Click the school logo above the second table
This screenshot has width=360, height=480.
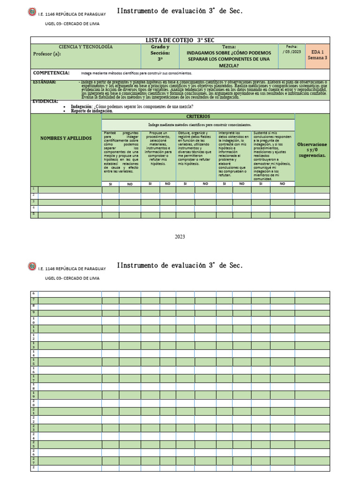pos(32,267)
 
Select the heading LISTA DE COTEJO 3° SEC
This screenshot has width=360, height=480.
pos(180,40)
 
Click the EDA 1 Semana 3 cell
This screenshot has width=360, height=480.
pos(317,55)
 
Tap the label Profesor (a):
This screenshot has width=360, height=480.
pos(47,54)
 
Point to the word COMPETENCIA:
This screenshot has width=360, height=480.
pos(51,73)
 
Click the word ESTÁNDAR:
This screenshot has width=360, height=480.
pos(45,82)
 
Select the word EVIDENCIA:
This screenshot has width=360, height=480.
pos(45,101)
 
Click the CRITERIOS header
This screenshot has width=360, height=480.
pos(198,116)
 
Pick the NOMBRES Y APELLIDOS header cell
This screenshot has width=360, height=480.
pos(66,138)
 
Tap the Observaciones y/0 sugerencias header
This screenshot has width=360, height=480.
pos(312,150)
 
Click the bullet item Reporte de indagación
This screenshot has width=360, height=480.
pos(92,111)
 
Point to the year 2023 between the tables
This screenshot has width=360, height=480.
pos(180,237)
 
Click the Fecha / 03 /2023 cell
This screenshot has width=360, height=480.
pos(292,50)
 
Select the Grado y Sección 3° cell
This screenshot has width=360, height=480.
pos(160,54)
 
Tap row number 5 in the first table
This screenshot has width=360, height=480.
pos(34,214)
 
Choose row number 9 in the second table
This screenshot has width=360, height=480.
pos(34,312)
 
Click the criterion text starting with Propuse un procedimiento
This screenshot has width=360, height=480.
pos(158,149)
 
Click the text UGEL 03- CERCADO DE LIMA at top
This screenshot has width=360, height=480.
pos(72,23)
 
